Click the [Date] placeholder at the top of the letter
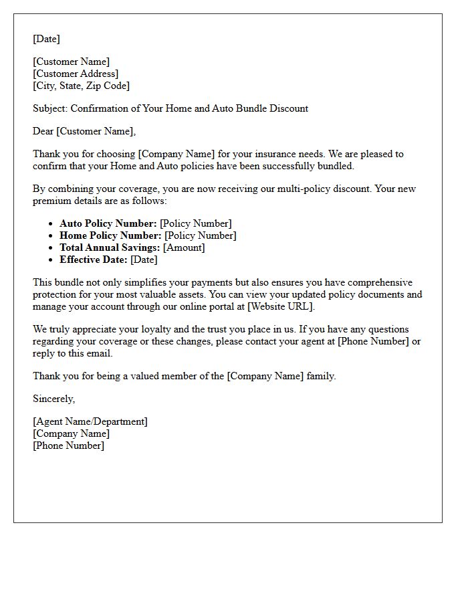pos(46,39)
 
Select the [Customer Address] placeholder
pos(76,74)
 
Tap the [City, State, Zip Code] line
pos(81,86)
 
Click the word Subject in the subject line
pos(49,108)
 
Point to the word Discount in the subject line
pos(288,108)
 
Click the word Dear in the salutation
pos(43,131)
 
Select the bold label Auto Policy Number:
pos(108,223)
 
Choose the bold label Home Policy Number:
pos(110,235)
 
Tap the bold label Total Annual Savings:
pos(110,247)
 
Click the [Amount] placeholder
pos(184,247)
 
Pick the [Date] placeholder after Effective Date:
pos(144,260)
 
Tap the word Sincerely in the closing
pos(53,399)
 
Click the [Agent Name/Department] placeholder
pos(90,421)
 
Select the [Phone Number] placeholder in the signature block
pos(68,445)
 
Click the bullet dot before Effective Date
pos(51,260)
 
